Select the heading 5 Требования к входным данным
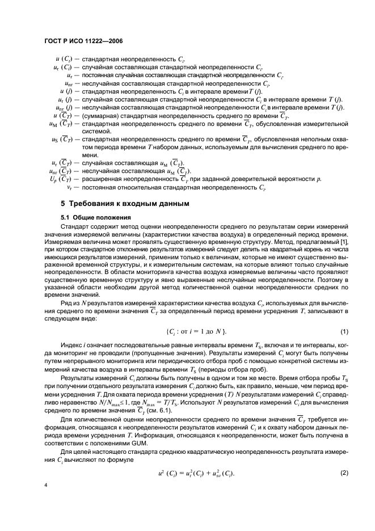click(x=125, y=203)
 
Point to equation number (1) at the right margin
click(x=344, y=331)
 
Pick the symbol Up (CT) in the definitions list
click(x=64, y=178)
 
